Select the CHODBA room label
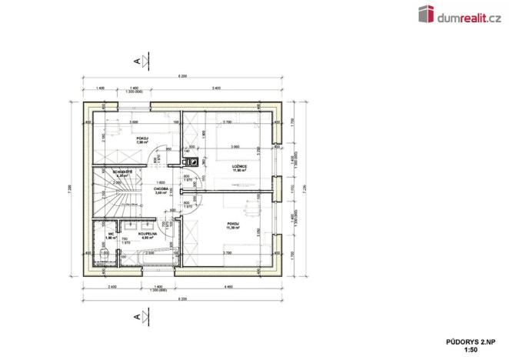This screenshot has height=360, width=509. [x=161, y=188]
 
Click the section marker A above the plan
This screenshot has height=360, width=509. [x=137, y=60]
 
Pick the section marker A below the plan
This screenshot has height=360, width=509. [x=137, y=315]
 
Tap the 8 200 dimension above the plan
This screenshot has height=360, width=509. [x=181, y=77]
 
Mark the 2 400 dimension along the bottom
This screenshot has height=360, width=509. [x=112, y=286]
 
